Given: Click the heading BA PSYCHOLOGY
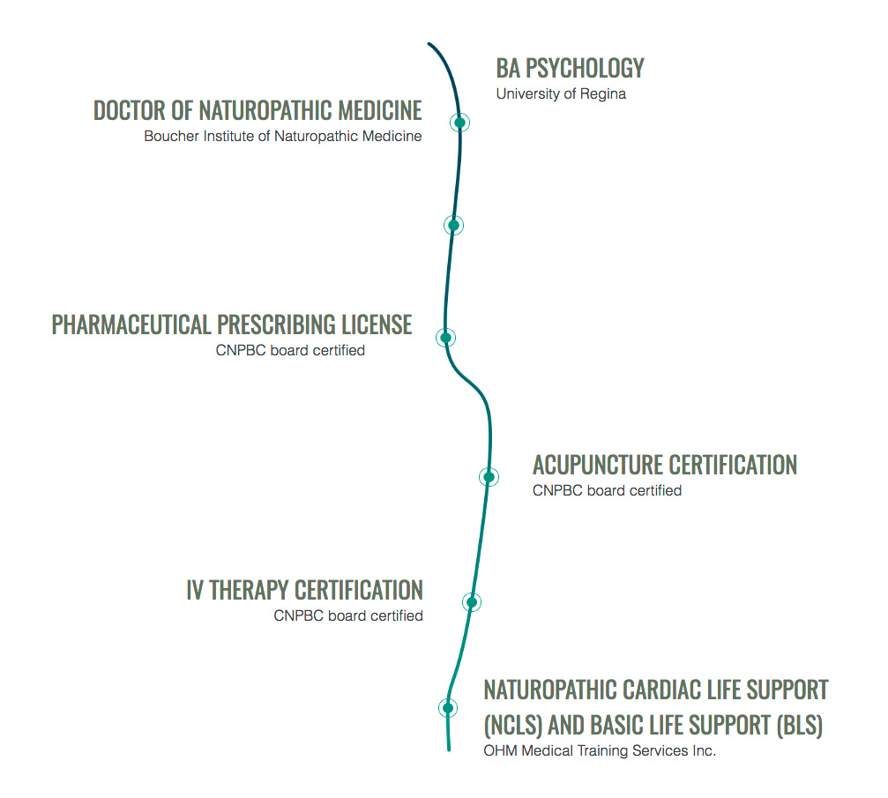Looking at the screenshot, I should [570, 68].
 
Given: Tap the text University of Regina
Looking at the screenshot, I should [561, 94].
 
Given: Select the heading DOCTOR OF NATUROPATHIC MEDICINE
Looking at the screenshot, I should [257, 110].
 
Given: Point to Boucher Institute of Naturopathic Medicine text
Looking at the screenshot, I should [282, 137].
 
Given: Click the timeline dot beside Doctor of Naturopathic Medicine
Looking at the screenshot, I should [459, 123].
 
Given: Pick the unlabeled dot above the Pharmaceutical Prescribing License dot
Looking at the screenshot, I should [452, 225].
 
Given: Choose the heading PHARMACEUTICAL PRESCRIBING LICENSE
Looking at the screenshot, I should [232, 324].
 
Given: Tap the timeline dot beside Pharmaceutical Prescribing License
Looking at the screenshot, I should [445, 337].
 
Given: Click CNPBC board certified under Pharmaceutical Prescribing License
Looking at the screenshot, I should [290, 351].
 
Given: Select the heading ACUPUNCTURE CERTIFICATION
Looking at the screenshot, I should [664, 465].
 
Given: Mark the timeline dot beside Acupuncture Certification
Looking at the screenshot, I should [488, 476].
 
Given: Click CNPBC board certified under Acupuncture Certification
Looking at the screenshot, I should [607, 491].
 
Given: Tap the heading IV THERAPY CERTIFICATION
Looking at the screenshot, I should [304, 590].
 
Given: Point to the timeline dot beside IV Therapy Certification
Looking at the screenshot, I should [472, 602].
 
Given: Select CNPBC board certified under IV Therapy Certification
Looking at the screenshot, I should [347, 616].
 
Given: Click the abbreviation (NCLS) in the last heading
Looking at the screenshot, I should [513, 726].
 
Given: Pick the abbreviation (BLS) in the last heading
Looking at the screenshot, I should [799, 726].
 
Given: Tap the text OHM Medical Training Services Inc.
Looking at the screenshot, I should [599, 751].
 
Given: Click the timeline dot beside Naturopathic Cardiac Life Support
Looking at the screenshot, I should [447, 707].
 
